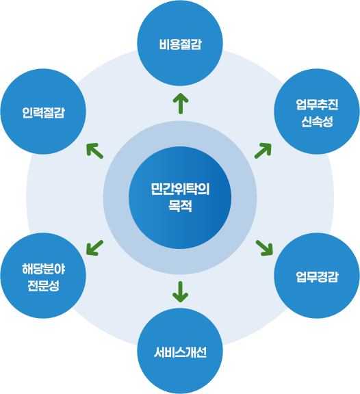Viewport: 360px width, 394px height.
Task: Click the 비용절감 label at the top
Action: (x=180, y=45)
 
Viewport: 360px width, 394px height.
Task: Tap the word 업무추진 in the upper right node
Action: (x=317, y=104)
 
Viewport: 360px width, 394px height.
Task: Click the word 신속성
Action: (x=317, y=121)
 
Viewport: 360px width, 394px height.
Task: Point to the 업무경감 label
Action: (x=317, y=276)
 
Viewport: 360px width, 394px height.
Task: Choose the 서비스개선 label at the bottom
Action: (x=180, y=353)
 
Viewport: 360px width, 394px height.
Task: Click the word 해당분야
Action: (x=43, y=267)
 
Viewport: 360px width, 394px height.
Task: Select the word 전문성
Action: (x=43, y=285)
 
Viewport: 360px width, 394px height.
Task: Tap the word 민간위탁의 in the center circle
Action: (x=180, y=189)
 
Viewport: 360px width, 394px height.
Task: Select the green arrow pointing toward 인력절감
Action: (x=95, y=150)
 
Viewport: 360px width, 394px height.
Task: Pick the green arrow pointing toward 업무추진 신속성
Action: (x=263, y=150)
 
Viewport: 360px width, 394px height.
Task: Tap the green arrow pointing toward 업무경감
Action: (x=264, y=247)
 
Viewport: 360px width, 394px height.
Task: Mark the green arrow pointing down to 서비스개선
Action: (x=180, y=291)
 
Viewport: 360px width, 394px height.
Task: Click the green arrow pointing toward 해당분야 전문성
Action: (x=95, y=248)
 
